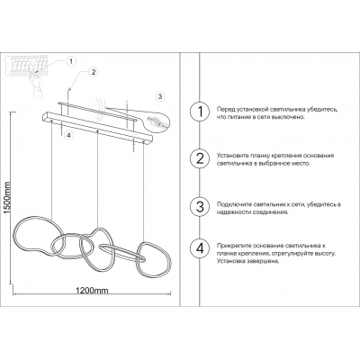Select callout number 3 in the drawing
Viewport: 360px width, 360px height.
pos(159,96)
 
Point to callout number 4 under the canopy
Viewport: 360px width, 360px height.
pos(68,136)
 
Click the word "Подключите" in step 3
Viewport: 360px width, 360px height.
pos(232,205)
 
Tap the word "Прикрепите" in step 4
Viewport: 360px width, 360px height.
pos(233,245)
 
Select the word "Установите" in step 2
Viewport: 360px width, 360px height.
pos(232,154)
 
